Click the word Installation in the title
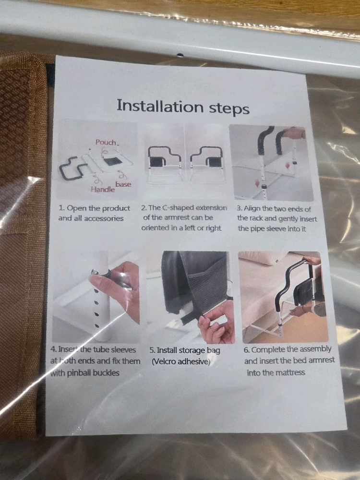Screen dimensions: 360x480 [x=160, y=106]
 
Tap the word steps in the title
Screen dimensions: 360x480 [x=229, y=109]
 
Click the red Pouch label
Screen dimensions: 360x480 [x=106, y=143]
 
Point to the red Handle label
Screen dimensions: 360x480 [x=103, y=190]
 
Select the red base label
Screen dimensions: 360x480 [x=123, y=184]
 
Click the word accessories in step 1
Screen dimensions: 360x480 [x=104, y=218]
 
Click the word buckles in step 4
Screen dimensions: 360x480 [x=106, y=372]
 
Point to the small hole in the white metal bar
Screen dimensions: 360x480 [x=180, y=55]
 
